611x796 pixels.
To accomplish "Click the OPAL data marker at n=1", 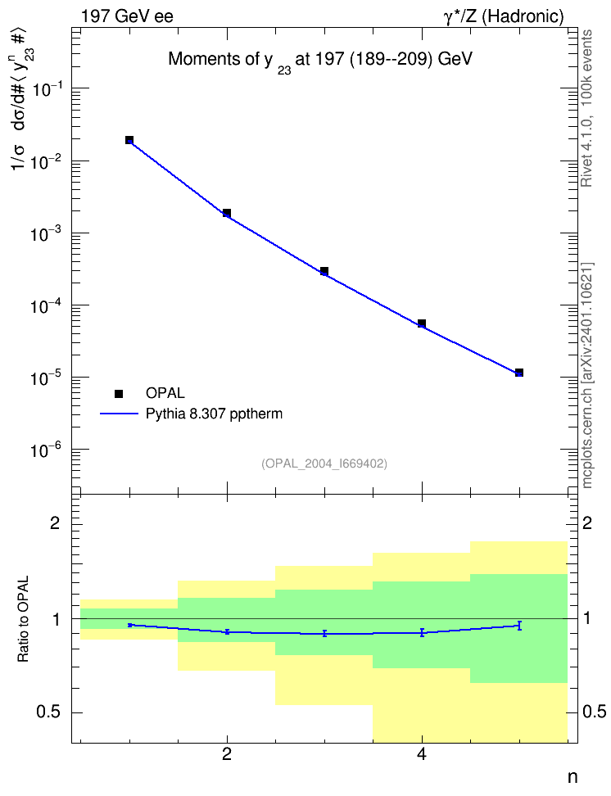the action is pos(129,140).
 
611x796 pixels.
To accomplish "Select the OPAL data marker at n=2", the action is pos(227,213).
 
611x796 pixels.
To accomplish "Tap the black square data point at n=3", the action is pos(324,271).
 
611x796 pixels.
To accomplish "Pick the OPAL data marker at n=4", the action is pos(422,323).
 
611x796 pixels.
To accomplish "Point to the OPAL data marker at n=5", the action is pos(519,373).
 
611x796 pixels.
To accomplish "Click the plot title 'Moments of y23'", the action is pos(320,61).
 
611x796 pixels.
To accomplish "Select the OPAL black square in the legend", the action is pos(119,393).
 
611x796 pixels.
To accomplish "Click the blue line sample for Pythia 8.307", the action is pos(119,414).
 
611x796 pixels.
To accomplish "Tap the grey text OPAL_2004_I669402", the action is pos(324,464).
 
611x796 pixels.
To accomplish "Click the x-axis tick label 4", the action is pos(422,755).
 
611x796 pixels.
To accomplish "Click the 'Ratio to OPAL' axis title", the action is pos(23,619).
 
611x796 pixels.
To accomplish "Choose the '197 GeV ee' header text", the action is pos(127,16).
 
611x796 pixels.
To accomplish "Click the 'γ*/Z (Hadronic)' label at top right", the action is pos(504,16).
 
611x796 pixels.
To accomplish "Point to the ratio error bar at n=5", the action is pos(519,626).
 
